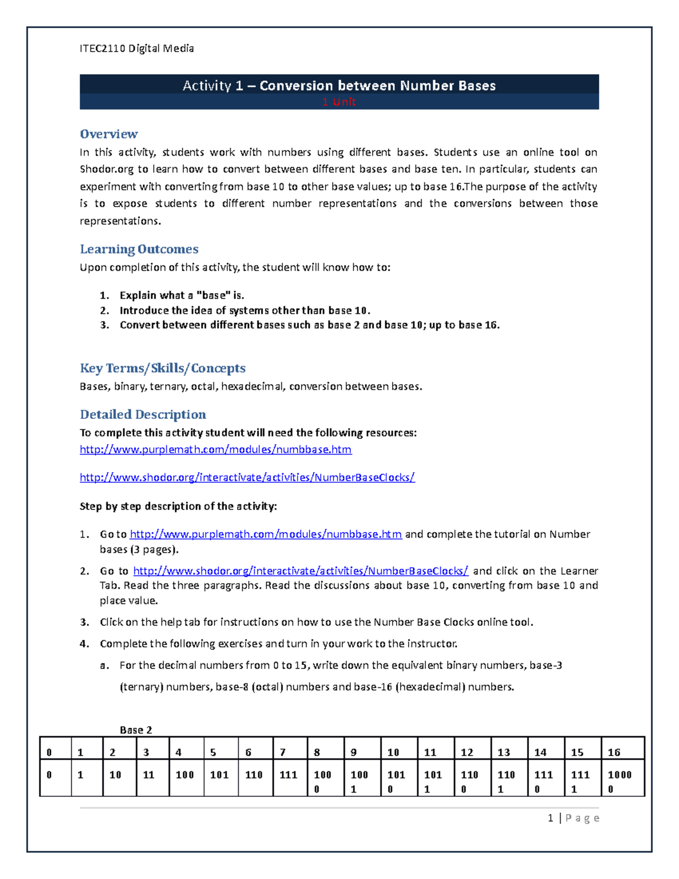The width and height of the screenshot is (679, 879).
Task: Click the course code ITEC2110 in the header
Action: point(102,49)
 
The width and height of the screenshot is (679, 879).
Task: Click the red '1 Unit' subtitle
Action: point(338,102)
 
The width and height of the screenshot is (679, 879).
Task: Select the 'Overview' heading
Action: point(109,134)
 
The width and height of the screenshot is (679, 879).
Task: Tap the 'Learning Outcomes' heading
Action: point(139,249)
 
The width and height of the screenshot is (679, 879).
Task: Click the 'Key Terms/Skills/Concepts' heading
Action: point(162,368)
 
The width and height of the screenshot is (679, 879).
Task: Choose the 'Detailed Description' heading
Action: point(143,414)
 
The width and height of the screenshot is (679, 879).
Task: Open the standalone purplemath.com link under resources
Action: point(216,449)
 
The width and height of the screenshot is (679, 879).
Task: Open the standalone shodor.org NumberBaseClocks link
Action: point(247,478)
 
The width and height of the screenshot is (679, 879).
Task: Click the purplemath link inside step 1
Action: point(266,534)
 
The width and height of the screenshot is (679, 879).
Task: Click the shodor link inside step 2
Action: point(300,571)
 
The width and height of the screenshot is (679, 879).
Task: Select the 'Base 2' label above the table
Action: point(136,730)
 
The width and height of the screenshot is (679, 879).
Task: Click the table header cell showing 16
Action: point(614,752)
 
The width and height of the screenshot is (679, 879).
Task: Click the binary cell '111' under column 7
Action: point(288,775)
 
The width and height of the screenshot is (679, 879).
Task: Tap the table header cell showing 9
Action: point(354,752)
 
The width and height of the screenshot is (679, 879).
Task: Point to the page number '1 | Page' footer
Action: point(573,818)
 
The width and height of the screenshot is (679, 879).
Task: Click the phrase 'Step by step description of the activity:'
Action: point(178,507)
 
